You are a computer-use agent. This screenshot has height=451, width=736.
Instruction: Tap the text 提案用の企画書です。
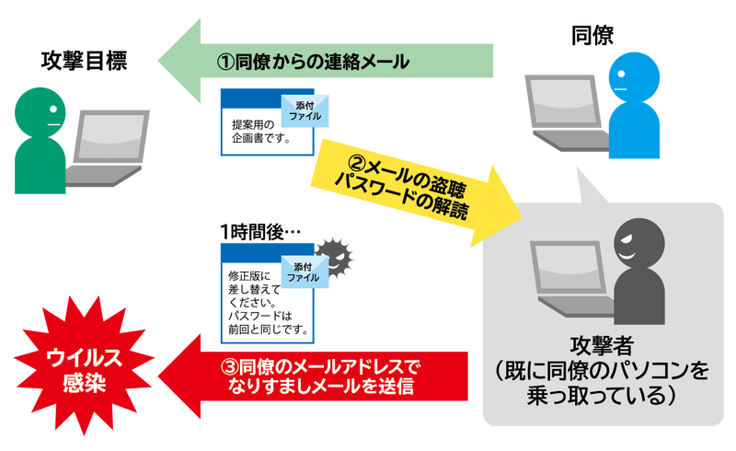coord(261,133)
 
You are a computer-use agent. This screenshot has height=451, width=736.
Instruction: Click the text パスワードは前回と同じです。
coord(267,322)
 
